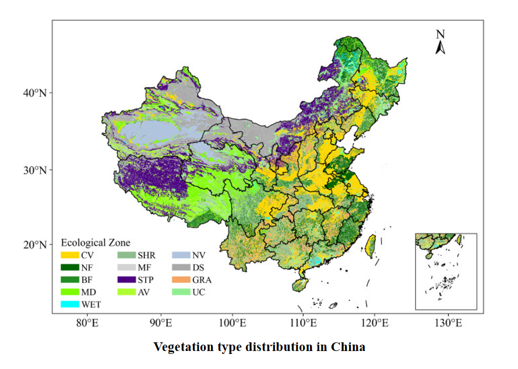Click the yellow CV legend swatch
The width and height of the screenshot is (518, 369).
[x=70, y=255]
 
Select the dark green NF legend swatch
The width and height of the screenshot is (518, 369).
[x=70, y=267]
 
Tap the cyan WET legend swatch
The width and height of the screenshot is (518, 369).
[x=70, y=304]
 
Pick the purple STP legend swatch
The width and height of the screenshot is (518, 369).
[x=126, y=279]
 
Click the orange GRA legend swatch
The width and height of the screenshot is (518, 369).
[x=182, y=279]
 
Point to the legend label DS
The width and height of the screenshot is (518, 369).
[x=198, y=267]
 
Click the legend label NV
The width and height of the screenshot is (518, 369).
[x=199, y=255]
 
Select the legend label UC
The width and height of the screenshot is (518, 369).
[x=198, y=292]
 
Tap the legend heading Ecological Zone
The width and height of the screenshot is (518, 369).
[x=96, y=242]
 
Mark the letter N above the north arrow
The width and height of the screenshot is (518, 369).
[x=441, y=34]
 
